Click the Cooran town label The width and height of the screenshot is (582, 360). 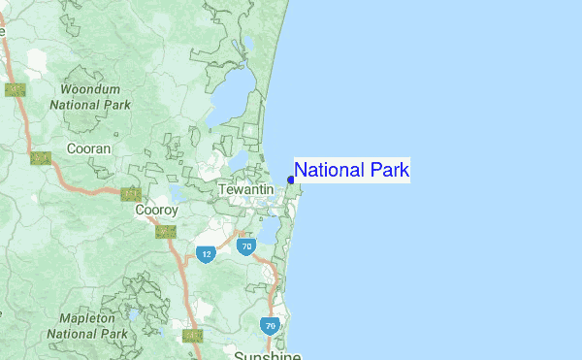coord(88,148)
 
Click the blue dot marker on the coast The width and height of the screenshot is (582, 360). coord(291,180)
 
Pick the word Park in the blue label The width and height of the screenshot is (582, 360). coord(388,171)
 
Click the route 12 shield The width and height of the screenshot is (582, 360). coord(206,254)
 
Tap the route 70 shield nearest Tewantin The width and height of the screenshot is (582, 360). coord(245,246)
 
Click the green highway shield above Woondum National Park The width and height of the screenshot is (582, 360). coord(15,89)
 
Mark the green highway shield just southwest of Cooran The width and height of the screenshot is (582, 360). coord(40,157)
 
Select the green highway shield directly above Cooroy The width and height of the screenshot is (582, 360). coord(131,194)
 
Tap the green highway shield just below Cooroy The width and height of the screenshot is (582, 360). coord(166,231)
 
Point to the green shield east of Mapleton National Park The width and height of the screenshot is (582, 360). coord(192,336)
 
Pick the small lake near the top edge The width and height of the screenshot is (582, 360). coord(249,44)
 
